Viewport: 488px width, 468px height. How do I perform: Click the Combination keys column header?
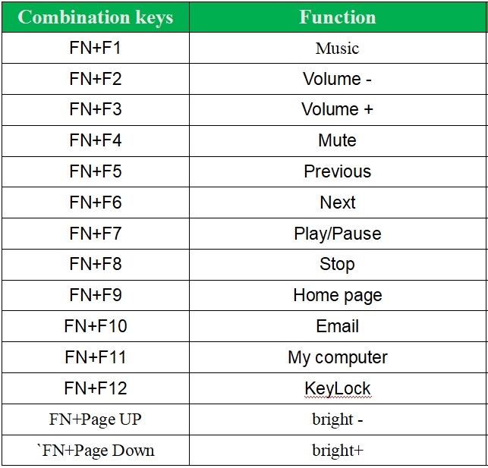click(95, 17)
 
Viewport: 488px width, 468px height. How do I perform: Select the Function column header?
click(338, 17)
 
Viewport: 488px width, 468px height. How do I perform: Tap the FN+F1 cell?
click(95, 48)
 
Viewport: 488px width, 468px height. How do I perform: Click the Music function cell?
click(338, 49)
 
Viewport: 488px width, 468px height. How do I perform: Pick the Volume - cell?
click(338, 79)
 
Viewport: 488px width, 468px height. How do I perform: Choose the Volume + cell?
click(338, 109)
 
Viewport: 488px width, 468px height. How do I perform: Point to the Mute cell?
click(338, 140)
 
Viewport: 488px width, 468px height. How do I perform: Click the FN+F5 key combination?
click(95, 171)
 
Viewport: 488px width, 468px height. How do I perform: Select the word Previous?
click(338, 171)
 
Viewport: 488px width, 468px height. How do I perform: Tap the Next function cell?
click(338, 203)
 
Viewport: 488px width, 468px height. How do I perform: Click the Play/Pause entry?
click(338, 234)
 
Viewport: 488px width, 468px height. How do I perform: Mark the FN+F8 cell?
click(95, 264)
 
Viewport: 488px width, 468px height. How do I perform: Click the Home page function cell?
click(338, 295)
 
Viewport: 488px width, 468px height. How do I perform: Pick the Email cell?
click(338, 326)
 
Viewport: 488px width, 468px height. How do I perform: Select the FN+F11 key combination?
click(96, 357)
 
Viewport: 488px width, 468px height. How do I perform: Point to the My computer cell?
click(338, 357)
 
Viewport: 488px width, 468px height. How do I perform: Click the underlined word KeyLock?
click(338, 388)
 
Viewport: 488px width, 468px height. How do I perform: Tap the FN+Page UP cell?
click(95, 419)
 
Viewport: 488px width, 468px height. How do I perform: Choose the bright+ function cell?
click(338, 451)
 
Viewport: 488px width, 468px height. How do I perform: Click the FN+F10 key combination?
click(96, 326)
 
